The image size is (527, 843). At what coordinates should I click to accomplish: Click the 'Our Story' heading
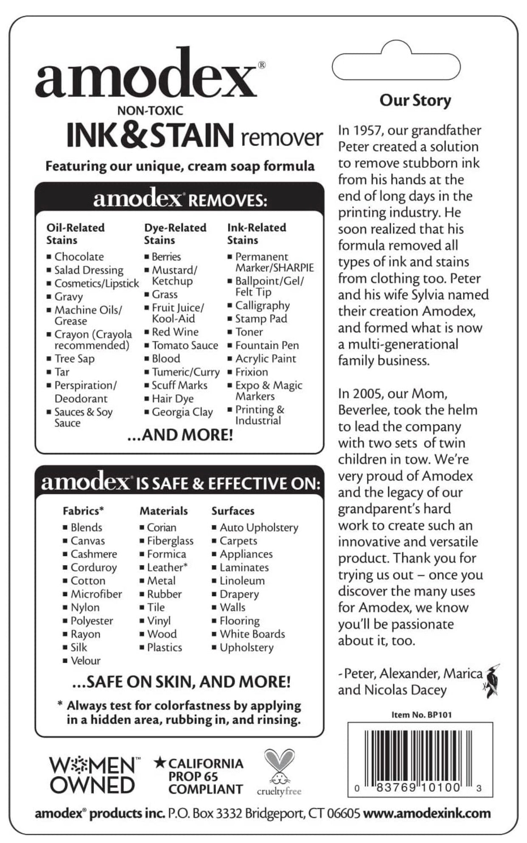point(415,100)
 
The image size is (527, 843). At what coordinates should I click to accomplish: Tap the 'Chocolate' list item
point(79,257)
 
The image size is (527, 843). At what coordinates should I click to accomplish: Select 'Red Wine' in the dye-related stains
point(175,332)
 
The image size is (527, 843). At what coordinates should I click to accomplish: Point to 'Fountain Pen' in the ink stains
point(267,345)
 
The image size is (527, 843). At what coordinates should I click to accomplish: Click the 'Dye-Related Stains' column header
point(175,234)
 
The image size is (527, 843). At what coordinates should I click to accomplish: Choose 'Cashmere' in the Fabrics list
point(93,554)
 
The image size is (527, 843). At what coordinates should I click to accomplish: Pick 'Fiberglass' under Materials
point(170,541)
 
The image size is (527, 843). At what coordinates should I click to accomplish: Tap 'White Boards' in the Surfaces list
point(252,634)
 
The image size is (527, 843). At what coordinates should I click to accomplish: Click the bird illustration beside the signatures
point(493,681)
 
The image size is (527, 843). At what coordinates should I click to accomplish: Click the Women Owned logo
point(93,775)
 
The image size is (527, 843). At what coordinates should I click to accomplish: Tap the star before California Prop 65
point(160,763)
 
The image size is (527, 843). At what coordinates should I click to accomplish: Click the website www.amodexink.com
point(427,813)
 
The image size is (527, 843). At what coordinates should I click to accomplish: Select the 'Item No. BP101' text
point(421,715)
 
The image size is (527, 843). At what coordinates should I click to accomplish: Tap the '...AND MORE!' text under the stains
point(180,435)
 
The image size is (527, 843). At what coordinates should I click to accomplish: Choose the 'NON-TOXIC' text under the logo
point(150,111)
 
